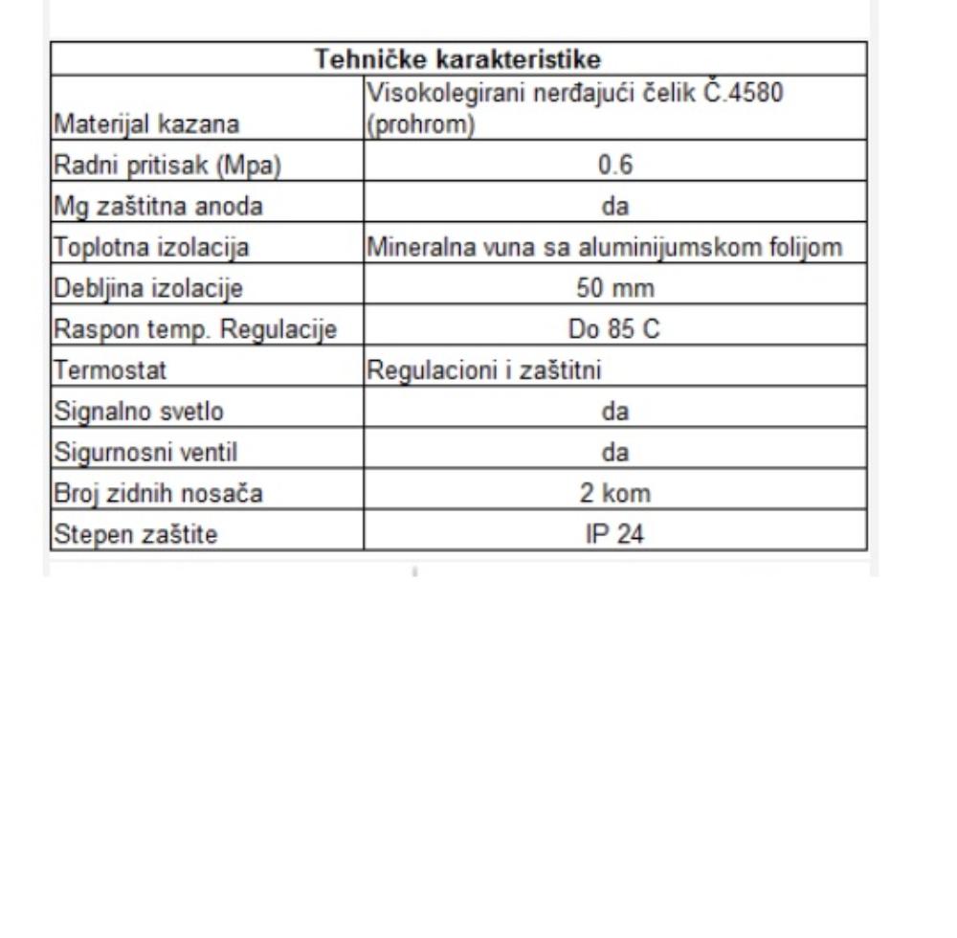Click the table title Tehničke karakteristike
tap(458, 59)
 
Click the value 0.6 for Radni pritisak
tap(615, 166)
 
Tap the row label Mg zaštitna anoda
tap(145, 207)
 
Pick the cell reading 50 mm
tap(615, 288)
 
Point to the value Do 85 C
tap(615, 329)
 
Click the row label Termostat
tap(98, 370)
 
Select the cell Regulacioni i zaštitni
tap(484, 370)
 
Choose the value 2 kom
tap(615, 494)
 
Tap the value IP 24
tap(615, 534)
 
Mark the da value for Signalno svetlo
tap(615, 412)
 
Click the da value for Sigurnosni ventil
tap(615, 453)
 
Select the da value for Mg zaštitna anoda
tap(615, 207)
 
